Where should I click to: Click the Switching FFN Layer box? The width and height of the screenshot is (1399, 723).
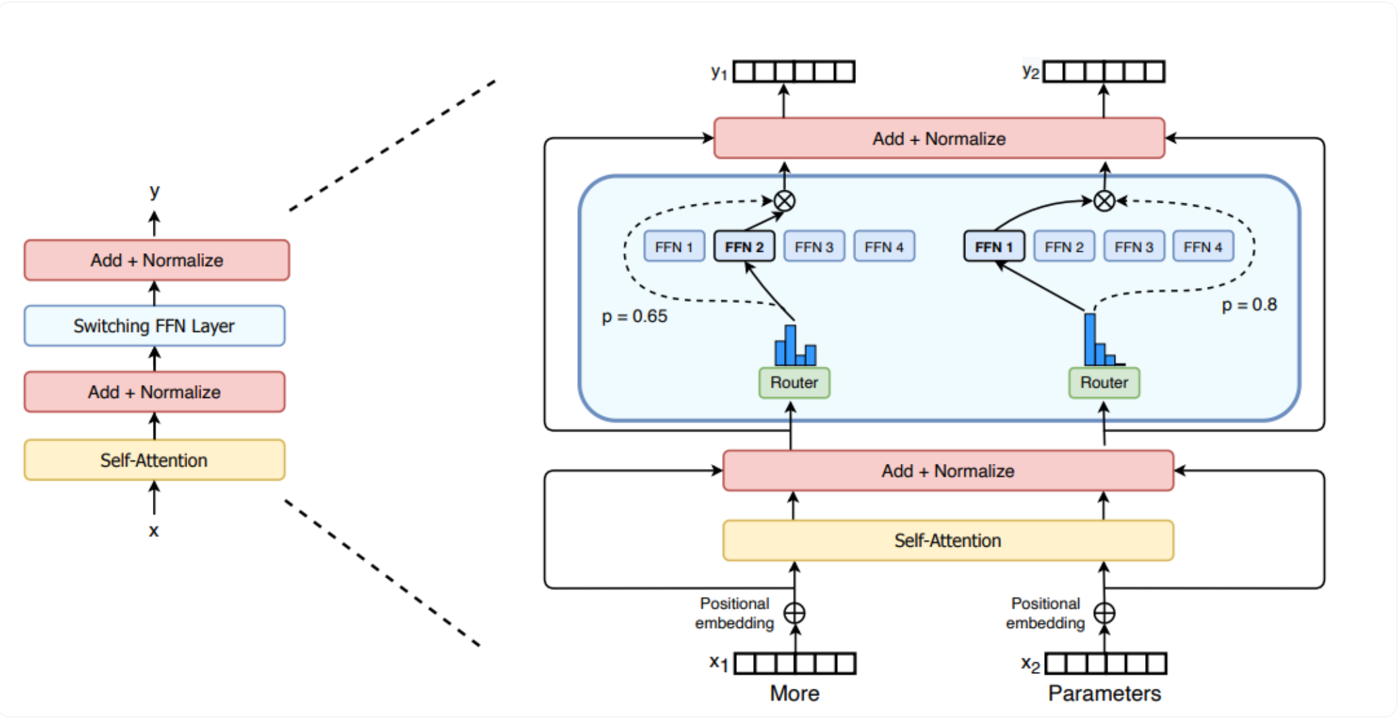(x=154, y=326)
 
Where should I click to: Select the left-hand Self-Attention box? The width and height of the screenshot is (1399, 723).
(x=154, y=460)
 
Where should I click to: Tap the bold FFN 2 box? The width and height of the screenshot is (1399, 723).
(x=744, y=247)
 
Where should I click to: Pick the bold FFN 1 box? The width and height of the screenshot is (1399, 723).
(x=994, y=247)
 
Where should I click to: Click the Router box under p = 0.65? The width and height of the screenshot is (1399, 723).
(x=794, y=382)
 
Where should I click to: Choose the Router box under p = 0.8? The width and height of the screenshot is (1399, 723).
(x=1104, y=382)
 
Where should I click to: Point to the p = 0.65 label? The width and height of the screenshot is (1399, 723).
(x=634, y=316)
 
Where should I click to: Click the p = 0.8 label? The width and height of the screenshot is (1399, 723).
(x=1249, y=305)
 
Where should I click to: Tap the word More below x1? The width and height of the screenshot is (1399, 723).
(x=794, y=693)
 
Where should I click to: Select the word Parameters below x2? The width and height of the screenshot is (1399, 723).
(x=1104, y=693)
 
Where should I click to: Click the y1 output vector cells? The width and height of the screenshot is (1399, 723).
(x=794, y=71)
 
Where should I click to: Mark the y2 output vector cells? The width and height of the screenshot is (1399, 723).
(x=1104, y=71)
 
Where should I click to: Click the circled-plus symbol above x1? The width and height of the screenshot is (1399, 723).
(x=795, y=613)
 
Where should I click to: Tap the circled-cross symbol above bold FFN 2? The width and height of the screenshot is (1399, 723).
(x=784, y=201)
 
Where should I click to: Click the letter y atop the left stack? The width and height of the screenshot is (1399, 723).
(x=154, y=191)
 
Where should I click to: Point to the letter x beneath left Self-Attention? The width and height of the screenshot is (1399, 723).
(x=154, y=531)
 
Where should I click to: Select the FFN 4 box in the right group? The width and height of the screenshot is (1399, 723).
(x=1203, y=247)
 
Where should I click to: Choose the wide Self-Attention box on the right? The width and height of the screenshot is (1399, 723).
(x=948, y=541)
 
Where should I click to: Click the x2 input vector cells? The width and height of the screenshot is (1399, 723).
(x=1105, y=664)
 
